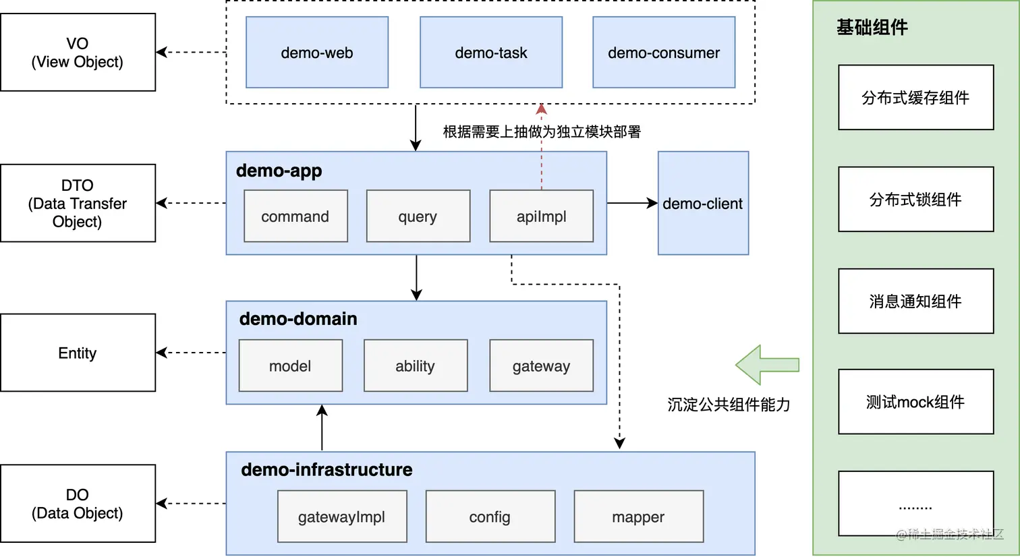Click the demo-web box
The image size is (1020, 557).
point(317,53)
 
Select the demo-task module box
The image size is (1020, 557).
point(491,53)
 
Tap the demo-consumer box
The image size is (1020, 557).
point(664,53)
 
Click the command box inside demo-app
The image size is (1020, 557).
point(295,216)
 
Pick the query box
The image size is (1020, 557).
point(418,216)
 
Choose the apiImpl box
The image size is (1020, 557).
point(541,216)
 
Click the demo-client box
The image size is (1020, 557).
point(703,203)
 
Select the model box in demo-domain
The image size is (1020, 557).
point(291,366)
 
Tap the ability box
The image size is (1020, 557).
point(416,366)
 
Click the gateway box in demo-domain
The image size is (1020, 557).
point(541,366)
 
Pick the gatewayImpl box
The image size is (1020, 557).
point(342,517)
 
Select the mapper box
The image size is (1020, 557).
point(638,517)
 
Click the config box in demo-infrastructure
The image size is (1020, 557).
point(490,517)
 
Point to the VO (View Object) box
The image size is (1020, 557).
point(78,53)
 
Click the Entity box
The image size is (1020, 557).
point(78,353)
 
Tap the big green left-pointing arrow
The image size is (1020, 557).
point(766,365)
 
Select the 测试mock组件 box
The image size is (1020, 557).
point(915,402)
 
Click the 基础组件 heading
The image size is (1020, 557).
point(872,28)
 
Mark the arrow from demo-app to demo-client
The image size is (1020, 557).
point(632,203)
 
